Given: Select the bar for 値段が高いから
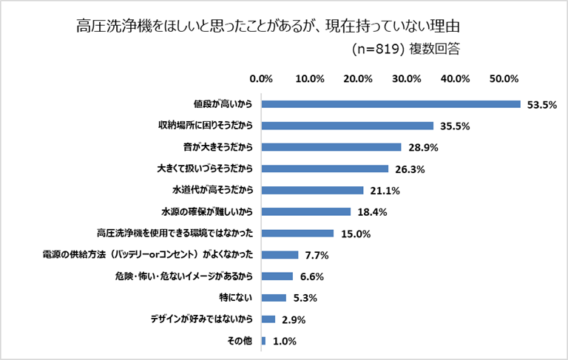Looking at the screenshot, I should [x=390, y=104].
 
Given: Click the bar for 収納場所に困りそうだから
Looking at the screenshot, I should [x=347, y=126].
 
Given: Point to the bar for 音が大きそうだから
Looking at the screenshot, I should [x=331, y=147].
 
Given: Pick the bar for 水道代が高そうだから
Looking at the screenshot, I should [x=312, y=190].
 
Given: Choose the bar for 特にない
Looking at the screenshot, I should [x=274, y=298].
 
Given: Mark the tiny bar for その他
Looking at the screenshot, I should [x=263, y=341].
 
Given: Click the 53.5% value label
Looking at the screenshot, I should [x=541, y=105].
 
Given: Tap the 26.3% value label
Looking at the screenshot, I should [x=409, y=169].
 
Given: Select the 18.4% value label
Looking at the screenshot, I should [x=371, y=212].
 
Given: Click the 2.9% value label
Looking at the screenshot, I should [x=293, y=320].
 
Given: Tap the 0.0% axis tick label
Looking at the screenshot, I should [x=262, y=78].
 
